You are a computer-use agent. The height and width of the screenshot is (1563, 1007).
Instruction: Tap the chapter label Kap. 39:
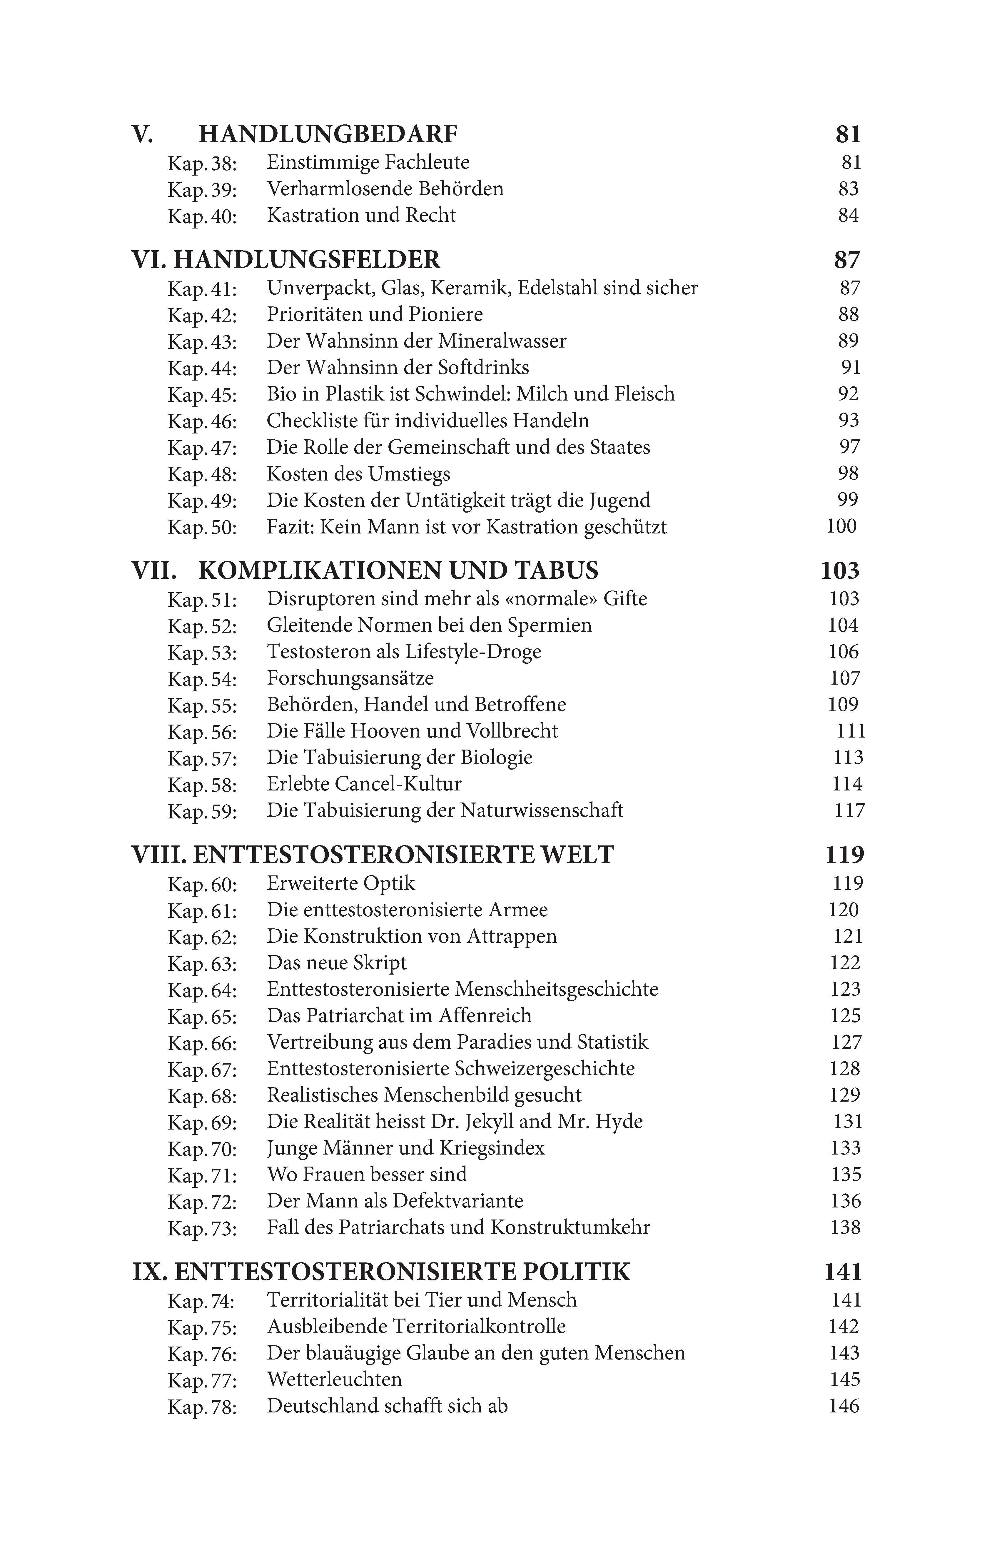(x=202, y=190)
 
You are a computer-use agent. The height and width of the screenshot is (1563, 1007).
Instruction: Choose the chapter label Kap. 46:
(x=202, y=421)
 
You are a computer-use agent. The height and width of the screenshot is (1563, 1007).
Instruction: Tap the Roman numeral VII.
(x=154, y=571)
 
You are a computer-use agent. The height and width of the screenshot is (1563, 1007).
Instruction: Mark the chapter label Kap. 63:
(x=202, y=964)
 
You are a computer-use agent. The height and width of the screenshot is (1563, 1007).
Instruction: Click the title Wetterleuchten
(x=334, y=1380)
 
